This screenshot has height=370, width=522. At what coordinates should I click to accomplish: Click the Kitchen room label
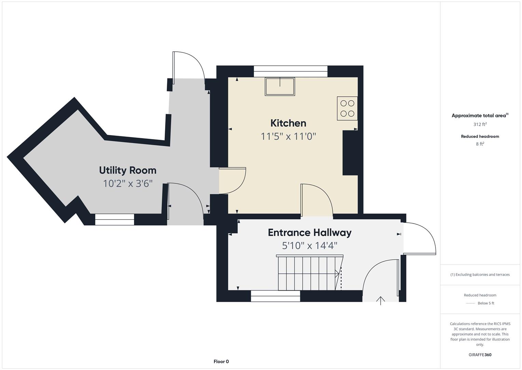[288, 123]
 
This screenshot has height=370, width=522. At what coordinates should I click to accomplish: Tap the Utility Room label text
[128, 170]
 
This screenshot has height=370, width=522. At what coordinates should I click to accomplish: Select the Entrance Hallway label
[310, 233]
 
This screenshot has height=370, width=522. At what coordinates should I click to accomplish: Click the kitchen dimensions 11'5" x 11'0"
[288, 136]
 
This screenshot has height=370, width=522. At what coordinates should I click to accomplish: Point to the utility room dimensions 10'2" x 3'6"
[128, 184]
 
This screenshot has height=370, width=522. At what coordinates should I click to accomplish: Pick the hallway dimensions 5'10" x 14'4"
[310, 246]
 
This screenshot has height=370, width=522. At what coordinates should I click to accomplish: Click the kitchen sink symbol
[280, 86]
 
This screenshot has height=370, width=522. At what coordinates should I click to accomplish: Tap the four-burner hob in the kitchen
[347, 108]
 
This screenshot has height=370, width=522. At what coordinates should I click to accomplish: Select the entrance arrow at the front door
[380, 301]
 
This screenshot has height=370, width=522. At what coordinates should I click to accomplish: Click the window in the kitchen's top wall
[291, 71]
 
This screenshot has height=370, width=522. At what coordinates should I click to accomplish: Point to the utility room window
[115, 220]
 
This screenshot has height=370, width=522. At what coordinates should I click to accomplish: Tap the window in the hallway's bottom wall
[276, 296]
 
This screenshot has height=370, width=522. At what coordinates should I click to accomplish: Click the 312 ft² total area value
[480, 124]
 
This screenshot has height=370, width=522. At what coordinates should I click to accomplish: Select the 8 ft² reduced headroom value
[480, 144]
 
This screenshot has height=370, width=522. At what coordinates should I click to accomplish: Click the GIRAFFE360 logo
[480, 355]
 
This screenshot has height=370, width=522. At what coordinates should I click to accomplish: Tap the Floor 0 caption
[221, 361]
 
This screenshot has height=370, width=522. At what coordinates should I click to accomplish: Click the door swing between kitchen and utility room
[232, 181]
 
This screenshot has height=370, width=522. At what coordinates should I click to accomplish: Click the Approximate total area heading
[480, 115]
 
